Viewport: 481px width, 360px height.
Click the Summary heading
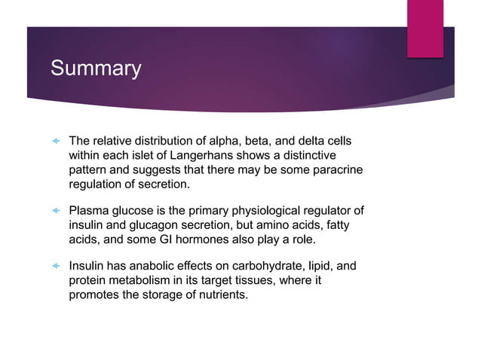[x=96, y=69]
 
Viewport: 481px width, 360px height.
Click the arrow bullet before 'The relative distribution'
[x=54, y=141]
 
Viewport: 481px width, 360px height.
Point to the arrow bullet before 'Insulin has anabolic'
[x=54, y=267]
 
